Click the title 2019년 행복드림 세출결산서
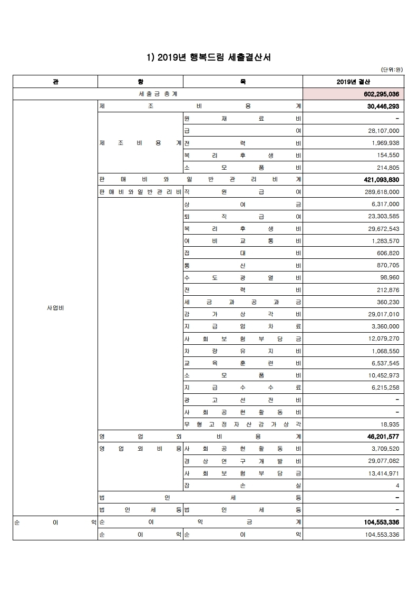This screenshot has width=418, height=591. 208,57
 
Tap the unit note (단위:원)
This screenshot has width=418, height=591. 392,70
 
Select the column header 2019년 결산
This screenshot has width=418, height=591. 353,82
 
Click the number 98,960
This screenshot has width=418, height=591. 389,277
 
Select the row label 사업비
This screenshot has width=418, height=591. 55,308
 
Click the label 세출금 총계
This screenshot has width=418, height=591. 158,94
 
